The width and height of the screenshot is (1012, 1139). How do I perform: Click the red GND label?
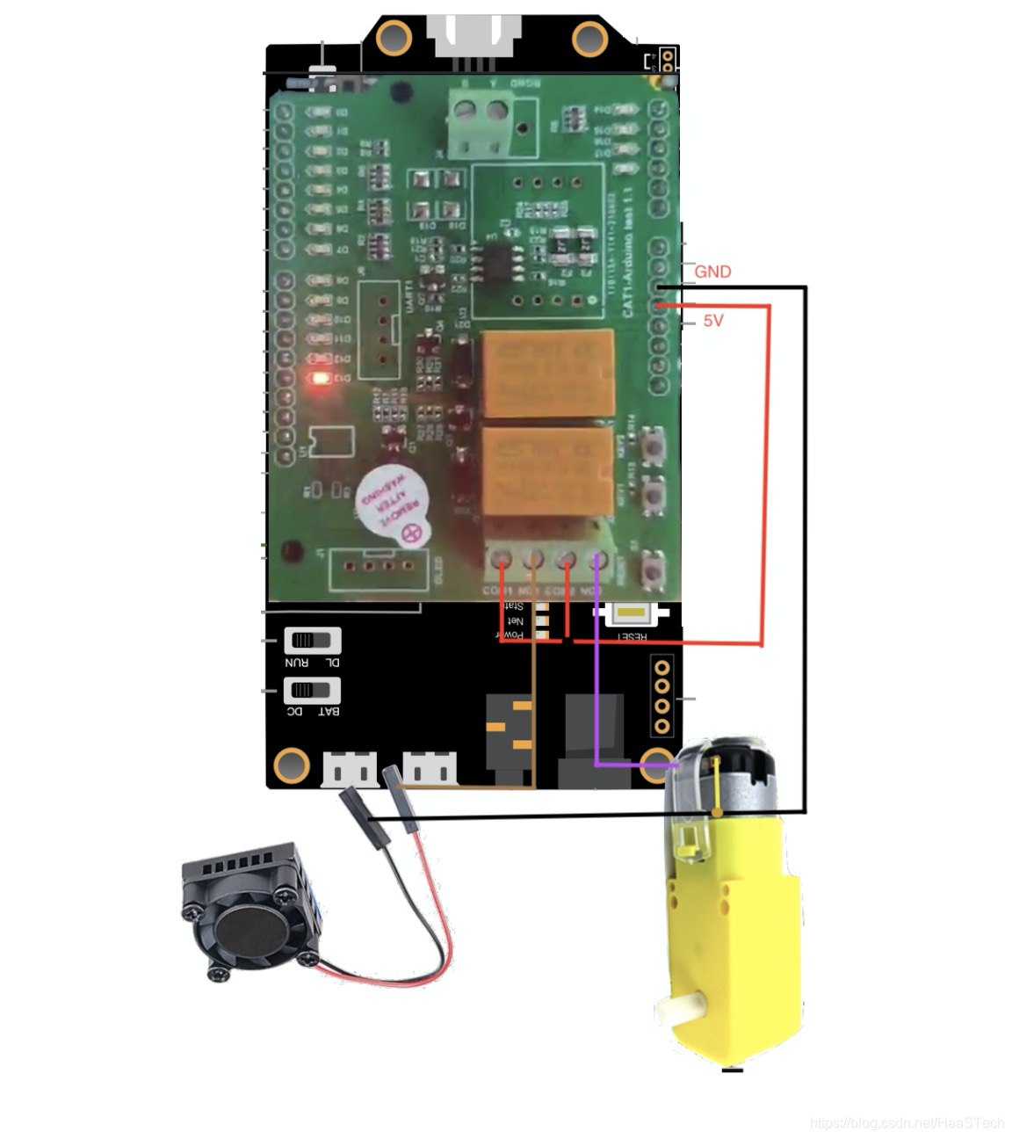(712, 272)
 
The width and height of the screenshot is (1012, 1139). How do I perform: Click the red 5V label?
(713, 321)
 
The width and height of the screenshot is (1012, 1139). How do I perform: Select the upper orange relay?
(546, 373)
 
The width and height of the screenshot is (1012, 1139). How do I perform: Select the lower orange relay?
(546, 471)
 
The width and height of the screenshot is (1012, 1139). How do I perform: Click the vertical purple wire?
(596, 668)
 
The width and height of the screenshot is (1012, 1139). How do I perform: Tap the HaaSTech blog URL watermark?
(907, 1122)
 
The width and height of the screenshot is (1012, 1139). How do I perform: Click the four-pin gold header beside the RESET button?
(662, 694)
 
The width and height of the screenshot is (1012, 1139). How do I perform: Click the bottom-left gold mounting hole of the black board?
(291, 765)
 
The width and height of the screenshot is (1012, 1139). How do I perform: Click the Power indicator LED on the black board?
(541, 634)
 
